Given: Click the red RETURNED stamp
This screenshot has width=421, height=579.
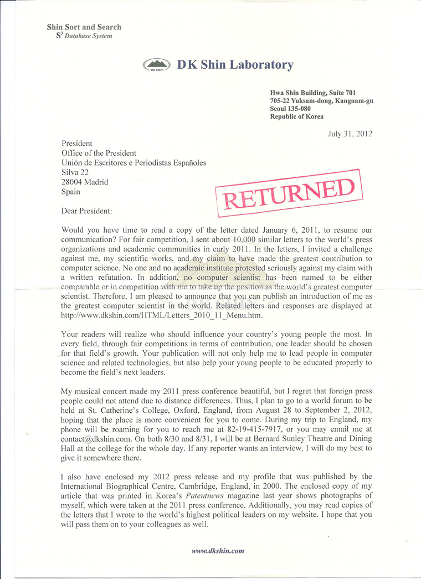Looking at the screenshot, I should click(x=288, y=194).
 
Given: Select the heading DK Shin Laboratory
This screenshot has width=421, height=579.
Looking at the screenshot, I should click(x=235, y=65).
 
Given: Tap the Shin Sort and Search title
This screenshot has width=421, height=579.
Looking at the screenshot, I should click(x=84, y=27).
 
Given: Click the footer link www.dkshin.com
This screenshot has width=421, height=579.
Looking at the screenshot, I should click(x=218, y=551).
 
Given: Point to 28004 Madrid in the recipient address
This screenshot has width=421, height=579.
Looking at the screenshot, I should click(x=85, y=182).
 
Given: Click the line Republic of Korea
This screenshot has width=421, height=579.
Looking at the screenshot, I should click(x=297, y=116).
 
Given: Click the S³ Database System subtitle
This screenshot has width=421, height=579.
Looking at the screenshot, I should click(x=80, y=36).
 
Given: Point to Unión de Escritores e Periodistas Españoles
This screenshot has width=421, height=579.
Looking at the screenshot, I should click(x=134, y=163).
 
